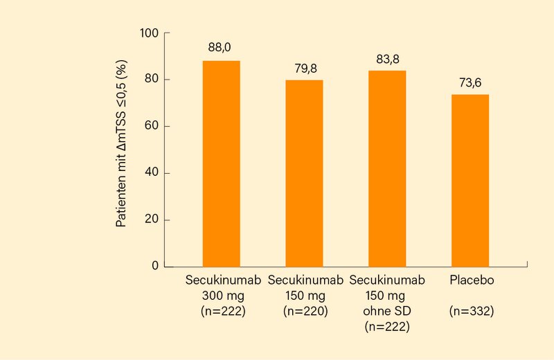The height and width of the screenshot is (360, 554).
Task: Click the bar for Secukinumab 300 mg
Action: (221, 163)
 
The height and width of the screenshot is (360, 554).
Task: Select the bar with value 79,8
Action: (304, 173)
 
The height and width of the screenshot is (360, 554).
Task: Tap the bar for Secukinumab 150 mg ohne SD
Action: (387, 168)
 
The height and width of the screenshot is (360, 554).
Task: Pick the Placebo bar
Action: (470, 180)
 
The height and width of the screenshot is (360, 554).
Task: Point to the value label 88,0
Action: (221, 48)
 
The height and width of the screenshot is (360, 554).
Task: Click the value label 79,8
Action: (304, 68)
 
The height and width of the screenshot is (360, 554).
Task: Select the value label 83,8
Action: (387, 59)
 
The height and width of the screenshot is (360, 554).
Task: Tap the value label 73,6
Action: (470, 82)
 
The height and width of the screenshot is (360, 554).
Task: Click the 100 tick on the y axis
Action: (149, 33)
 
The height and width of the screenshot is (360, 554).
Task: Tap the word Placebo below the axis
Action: (470, 281)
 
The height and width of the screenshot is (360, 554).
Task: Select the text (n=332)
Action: (470, 312)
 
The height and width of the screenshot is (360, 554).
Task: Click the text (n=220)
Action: (304, 312)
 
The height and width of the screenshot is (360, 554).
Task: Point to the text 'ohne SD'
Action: (387, 312)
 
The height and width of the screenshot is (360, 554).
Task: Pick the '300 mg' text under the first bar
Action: (221, 296)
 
